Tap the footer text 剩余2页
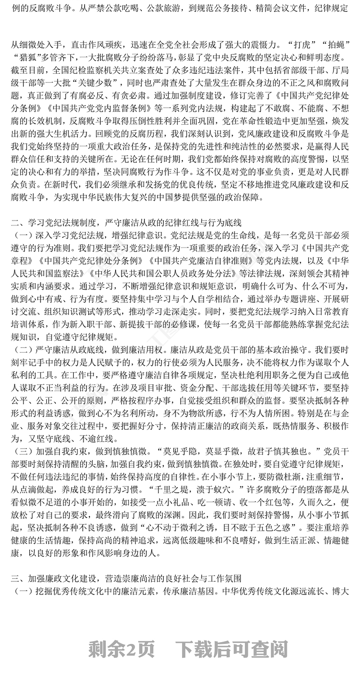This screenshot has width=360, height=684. coord(121,648)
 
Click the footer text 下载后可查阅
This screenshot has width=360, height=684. coord(232,648)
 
